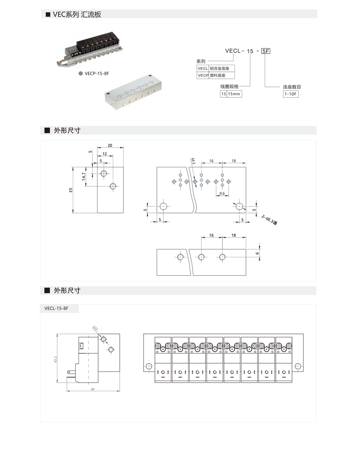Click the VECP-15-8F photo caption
97,74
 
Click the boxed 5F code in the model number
266,51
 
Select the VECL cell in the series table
202,69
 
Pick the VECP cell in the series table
202,76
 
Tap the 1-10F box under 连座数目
290,94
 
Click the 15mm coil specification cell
234,94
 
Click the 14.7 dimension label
83,177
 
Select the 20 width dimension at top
110,145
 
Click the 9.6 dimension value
222,194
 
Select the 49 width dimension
93,389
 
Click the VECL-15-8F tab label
57,309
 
